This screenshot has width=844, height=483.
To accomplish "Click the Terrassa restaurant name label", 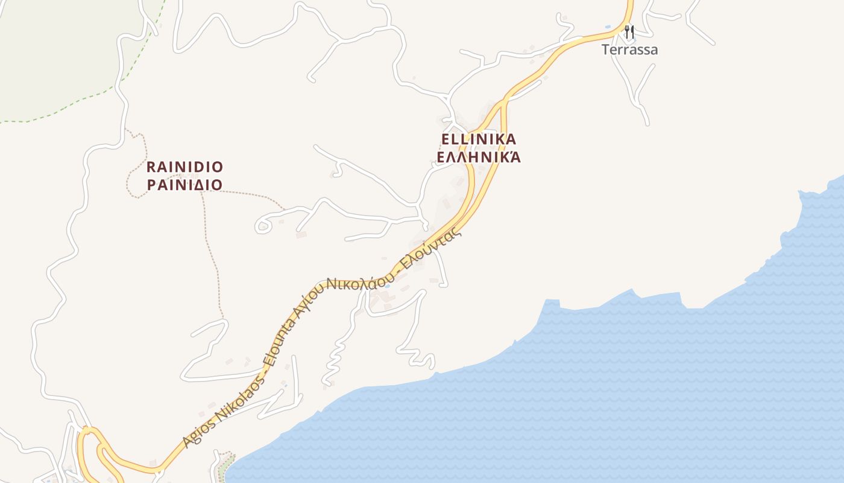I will tap(629, 50).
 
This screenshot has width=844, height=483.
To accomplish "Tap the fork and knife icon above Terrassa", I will tap(629, 31).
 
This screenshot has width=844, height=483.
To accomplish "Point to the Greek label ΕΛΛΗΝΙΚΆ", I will tap(479, 158).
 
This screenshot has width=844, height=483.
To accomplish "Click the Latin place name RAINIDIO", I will tap(184, 167).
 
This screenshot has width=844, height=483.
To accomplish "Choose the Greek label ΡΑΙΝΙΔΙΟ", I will tap(184, 185).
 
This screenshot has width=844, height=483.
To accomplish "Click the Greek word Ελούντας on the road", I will tap(430, 248).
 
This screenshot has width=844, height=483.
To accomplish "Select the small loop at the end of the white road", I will tap(262, 226).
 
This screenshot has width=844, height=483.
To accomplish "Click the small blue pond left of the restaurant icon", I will tap(607, 28).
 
